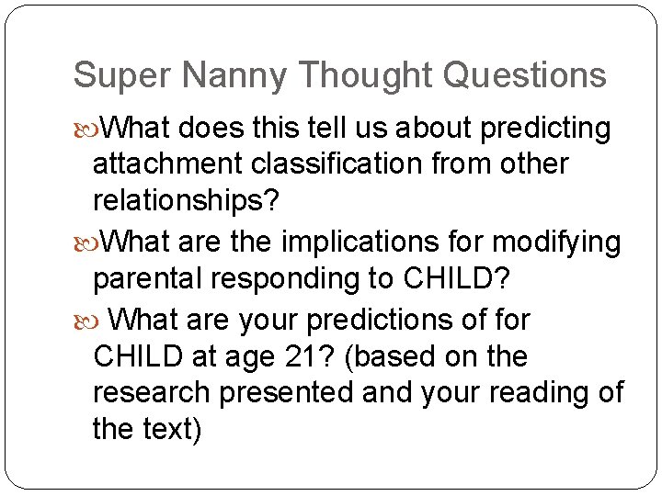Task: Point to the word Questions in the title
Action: click(524, 75)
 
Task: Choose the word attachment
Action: click(168, 164)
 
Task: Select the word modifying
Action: click(557, 242)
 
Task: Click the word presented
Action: click(291, 392)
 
